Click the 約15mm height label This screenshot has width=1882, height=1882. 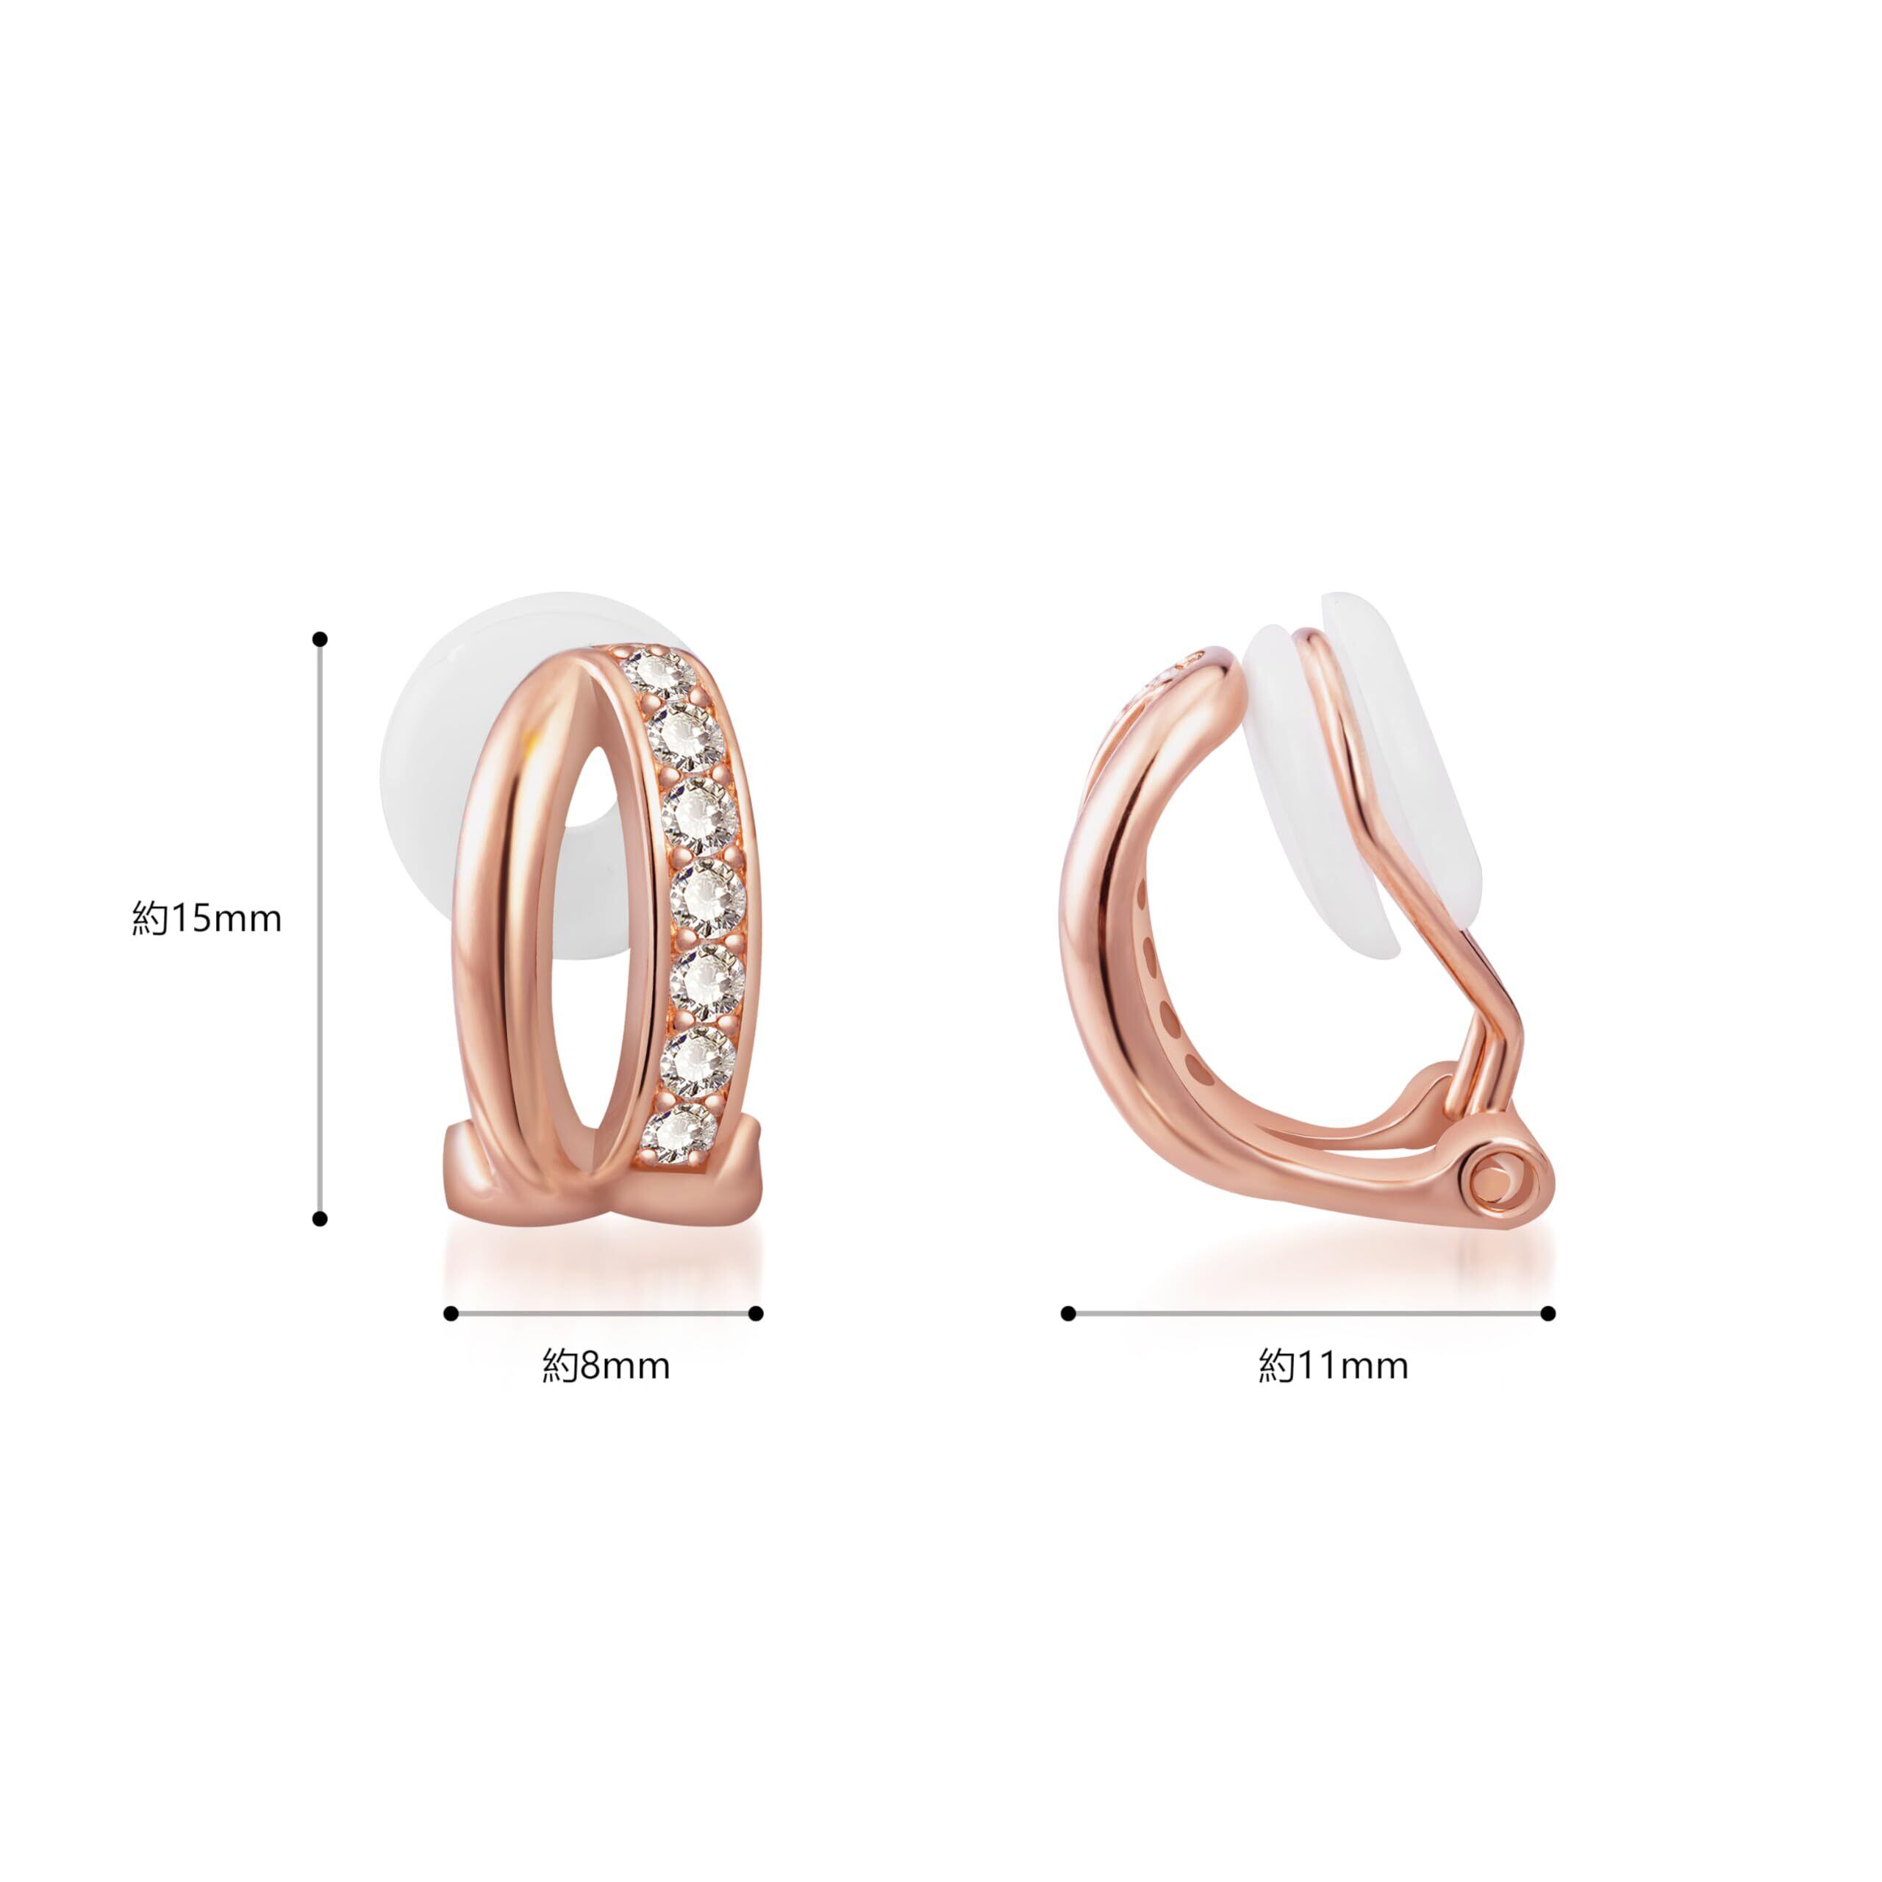(x=207, y=919)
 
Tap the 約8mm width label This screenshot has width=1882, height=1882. (x=606, y=1366)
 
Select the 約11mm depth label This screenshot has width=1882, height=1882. (x=1334, y=1366)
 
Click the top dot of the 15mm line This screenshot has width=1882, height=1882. (x=320, y=639)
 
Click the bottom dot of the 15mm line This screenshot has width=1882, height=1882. (x=320, y=1219)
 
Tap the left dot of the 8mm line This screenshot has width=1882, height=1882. (x=450, y=1314)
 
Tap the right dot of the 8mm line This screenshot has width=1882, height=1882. (x=756, y=1314)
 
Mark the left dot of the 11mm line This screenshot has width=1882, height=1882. (x=1069, y=1314)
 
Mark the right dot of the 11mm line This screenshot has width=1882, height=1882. (x=1549, y=1314)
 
